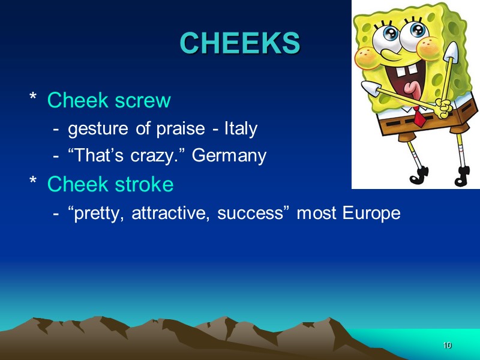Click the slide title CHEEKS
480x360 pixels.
click(x=239, y=43)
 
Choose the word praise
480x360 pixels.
click(x=179, y=129)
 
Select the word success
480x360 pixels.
click(x=246, y=213)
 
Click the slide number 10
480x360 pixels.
click(x=447, y=346)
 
